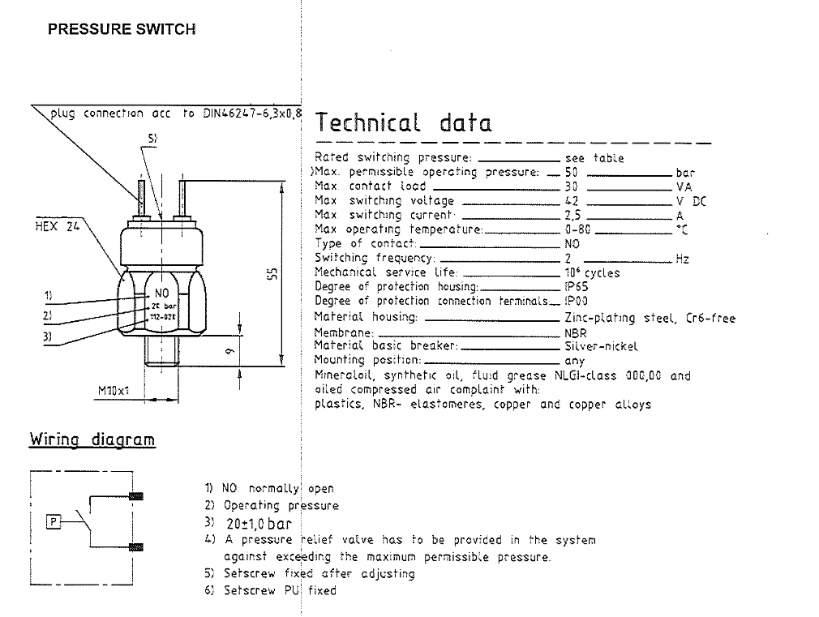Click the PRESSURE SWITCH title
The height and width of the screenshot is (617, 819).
coord(122,29)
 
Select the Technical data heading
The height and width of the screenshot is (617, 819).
coord(403,123)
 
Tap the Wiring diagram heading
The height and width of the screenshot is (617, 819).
coord(92,439)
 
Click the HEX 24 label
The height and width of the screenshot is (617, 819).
coord(57,227)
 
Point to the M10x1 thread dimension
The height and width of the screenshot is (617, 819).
coord(115,392)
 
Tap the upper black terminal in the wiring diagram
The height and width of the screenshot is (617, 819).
coord(136,495)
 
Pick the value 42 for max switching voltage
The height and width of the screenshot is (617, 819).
coord(572,201)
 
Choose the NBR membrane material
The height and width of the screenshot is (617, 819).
coord(576,332)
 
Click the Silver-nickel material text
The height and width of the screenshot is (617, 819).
coord(601,346)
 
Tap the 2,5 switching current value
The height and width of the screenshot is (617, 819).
coord(573,216)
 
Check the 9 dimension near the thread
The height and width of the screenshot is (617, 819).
coord(229,350)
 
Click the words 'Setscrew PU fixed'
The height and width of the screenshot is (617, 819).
coord(280,590)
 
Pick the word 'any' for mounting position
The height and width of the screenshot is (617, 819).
coord(574,361)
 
